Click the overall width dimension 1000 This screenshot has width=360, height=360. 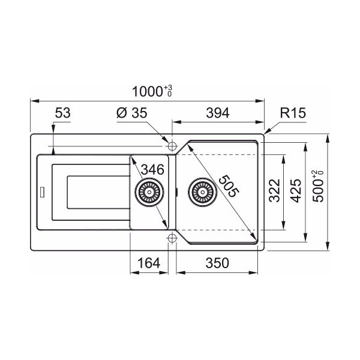148,91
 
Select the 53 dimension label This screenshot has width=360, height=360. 62,113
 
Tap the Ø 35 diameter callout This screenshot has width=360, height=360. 132,113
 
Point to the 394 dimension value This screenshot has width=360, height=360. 218,113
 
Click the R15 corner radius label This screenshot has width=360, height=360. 293,113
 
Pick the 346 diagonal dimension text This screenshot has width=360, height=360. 152,170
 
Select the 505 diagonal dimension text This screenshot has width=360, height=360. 229,186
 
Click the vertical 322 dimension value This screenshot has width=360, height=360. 275,190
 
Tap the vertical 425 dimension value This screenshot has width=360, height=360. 295,190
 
